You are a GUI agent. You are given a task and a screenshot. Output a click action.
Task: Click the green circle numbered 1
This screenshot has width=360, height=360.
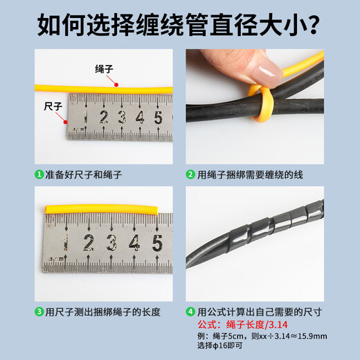(39, 175)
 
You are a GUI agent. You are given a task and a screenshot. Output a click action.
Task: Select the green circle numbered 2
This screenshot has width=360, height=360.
(191, 175)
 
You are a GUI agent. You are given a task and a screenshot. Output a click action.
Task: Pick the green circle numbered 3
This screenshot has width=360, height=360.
(39, 312)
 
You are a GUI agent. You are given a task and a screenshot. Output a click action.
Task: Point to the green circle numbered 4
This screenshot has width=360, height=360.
(191, 312)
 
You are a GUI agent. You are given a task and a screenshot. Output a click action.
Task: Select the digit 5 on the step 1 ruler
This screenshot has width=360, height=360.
(157, 117)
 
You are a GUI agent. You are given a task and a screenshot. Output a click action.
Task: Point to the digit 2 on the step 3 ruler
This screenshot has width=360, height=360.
(88, 242)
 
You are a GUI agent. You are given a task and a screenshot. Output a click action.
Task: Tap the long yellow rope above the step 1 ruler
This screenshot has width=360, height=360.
(104, 86)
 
